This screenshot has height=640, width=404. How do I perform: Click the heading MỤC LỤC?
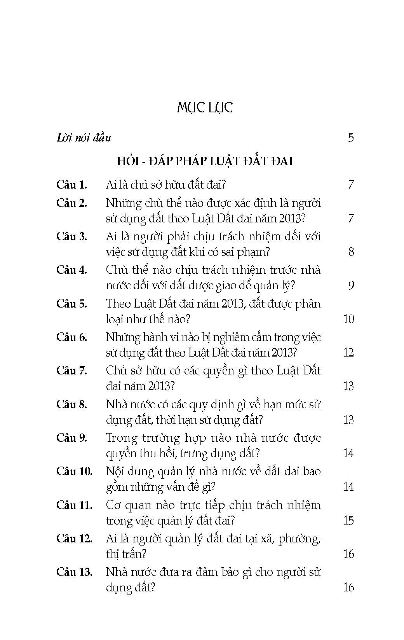[x=204, y=108]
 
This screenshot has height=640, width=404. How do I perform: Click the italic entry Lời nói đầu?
[x=84, y=138]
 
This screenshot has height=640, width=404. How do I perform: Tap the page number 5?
[x=351, y=138]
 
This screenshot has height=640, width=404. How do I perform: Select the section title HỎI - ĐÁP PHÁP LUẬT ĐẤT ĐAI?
[x=205, y=161]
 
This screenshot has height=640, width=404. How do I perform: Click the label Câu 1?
[x=71, y=185]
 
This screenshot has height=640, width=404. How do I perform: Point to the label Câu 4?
[x=71, y=270]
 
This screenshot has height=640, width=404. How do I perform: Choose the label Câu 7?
[x=71, y=371]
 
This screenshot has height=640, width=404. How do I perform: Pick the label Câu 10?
[x=74, y=471]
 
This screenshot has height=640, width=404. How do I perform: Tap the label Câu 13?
[x=74, y=572]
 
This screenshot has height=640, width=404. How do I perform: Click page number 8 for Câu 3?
[x=351, y=252]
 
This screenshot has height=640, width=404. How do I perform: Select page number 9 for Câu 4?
[x=351, y=286]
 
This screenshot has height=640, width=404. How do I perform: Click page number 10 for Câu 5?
[x=348, y=319]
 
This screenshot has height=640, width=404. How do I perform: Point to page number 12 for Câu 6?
[x=348, y=353]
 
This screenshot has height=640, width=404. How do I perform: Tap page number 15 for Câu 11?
[x=348, y=521]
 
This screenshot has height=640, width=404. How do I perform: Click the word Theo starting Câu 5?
[x=118, y=304]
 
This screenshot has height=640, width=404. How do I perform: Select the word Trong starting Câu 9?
[x=122, y=438]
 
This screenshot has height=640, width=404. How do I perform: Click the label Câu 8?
[x=71, y=404]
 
